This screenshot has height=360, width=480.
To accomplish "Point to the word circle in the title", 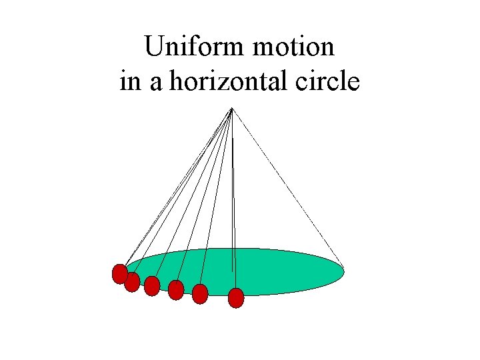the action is (x=327, y=82).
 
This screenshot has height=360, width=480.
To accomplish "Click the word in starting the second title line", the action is (x=131, y=82).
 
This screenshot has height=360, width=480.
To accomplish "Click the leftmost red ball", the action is (x=119, y=274).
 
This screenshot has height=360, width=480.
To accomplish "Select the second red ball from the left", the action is (x=132, y=282).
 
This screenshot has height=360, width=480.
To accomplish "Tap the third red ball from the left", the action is (x=152, y=286).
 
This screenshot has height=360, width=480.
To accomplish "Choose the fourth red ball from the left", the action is (x=176, y=290).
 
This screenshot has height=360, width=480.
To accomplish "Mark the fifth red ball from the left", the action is (x=200, y=294).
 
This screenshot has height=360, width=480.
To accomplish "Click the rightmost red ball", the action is (x=236, y=297).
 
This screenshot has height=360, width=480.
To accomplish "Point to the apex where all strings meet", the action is (x=231, y=109).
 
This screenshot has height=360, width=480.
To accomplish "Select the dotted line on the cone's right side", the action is (x=287, y=187).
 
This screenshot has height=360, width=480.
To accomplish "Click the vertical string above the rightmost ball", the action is (x=233, y=200).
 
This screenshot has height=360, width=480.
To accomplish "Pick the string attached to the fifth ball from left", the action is (x=215, y=200).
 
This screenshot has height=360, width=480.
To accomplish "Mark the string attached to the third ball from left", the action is (x=191, y=200).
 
